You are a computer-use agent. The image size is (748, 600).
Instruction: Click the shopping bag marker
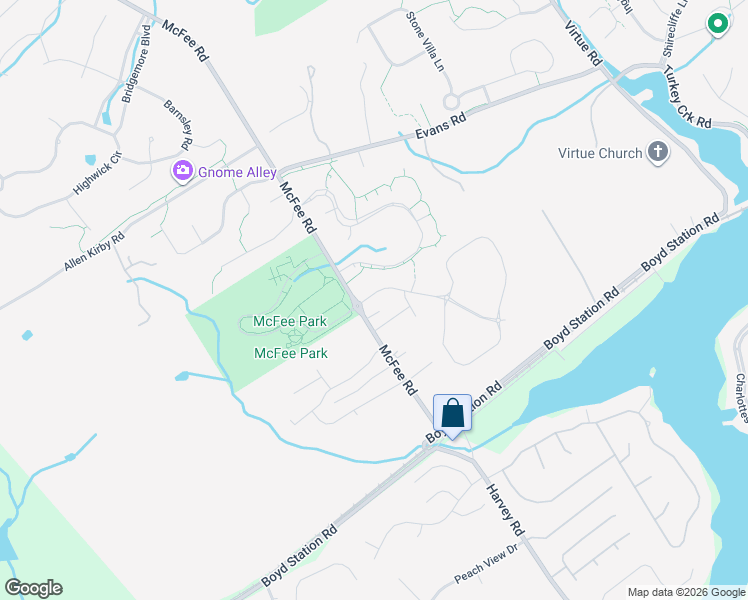click(x=452, y=413)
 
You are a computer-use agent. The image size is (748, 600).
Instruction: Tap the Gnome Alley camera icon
click(x=182, y=171)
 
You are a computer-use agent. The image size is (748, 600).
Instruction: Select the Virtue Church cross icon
click(x=657, y=153)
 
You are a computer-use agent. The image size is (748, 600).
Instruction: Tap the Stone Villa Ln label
click(x=424, y=41)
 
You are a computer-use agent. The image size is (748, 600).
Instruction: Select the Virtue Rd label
click(x=581, y=40)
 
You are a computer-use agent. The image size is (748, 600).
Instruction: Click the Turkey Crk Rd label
click(x=687, y=98)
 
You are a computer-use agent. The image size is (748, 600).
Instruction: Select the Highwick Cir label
click(x=97, y=173)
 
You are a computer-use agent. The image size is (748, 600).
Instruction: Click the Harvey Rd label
click(x=505, y=508)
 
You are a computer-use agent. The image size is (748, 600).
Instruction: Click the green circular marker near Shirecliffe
click(x=717, y=24)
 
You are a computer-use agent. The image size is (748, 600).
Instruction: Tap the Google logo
click(x=33, y=587)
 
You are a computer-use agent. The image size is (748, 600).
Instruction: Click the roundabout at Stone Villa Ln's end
click(x=451, y=101)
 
